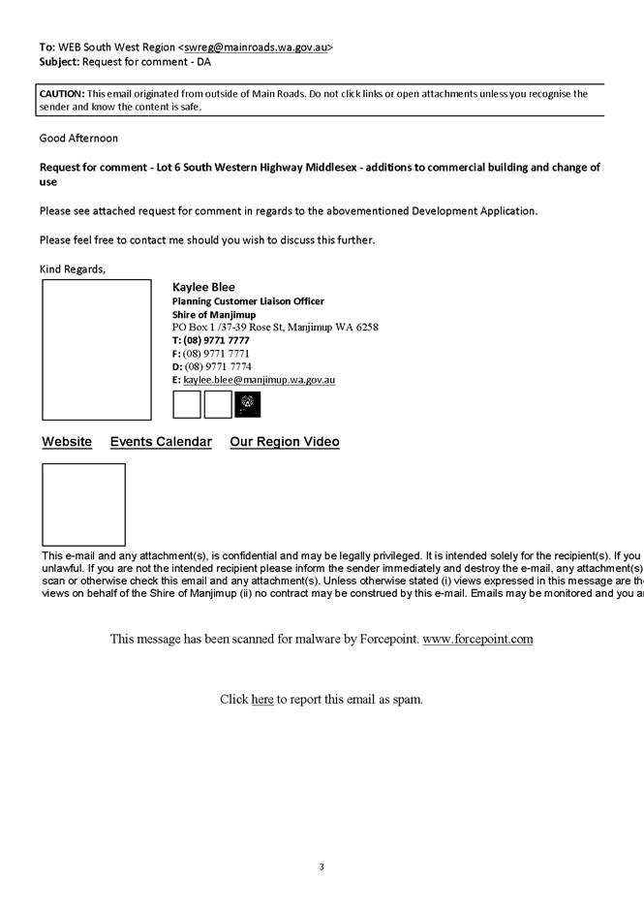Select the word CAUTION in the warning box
click(62, 94)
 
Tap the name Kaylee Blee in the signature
click(203, 287)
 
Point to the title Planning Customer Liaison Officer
click(248, 301)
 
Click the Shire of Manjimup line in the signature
click(207, 315)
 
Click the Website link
click(67, 442)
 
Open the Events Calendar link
click(161, 442)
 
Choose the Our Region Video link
click(285, 442)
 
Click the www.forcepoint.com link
click(477, 640)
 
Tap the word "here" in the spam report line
click(262, 699)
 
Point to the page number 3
click(322, 866)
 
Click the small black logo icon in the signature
click(247, 404)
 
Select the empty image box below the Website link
click(83, 504)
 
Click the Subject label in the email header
click(59, 61)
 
